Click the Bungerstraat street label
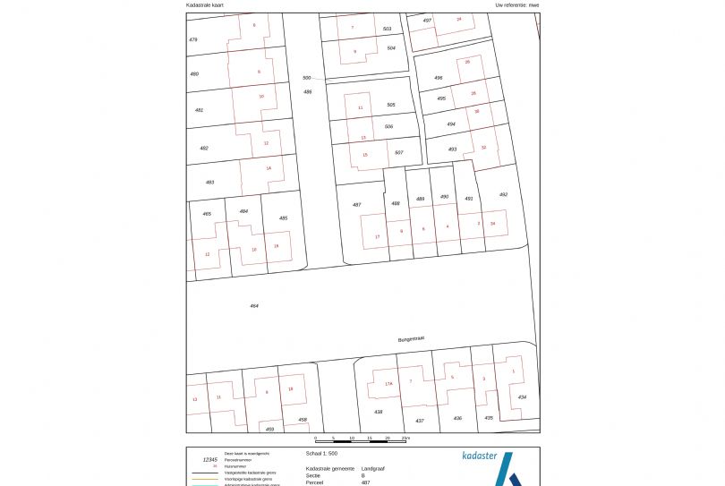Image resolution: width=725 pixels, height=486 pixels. tap(411, 339)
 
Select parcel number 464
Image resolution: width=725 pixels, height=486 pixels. tap(254, 306)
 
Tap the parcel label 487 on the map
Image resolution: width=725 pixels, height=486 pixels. tap(356, 205)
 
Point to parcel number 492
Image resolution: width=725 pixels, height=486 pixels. tap(503, 194)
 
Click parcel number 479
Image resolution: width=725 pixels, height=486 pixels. tap(193, 40)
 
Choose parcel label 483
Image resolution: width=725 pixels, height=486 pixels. tap(210, 182)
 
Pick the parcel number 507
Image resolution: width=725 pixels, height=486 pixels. tap(399, 152)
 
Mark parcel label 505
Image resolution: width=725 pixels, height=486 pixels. tap(391, 105)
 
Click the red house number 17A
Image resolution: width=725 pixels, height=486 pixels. tap(388, 383)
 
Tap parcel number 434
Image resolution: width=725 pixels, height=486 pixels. tap(522, 396)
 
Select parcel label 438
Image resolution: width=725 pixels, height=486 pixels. tap(379, 412)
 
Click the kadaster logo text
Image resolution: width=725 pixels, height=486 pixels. tap(480, 456)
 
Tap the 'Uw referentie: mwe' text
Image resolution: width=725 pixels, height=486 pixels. tap(517, 5)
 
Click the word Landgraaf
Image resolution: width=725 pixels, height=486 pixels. tap(373, 468)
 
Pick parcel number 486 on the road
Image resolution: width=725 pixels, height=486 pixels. tap(307, 91)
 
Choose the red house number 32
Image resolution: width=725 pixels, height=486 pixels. tap(483, 147)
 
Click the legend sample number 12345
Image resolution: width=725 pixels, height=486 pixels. tap(209, 460)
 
